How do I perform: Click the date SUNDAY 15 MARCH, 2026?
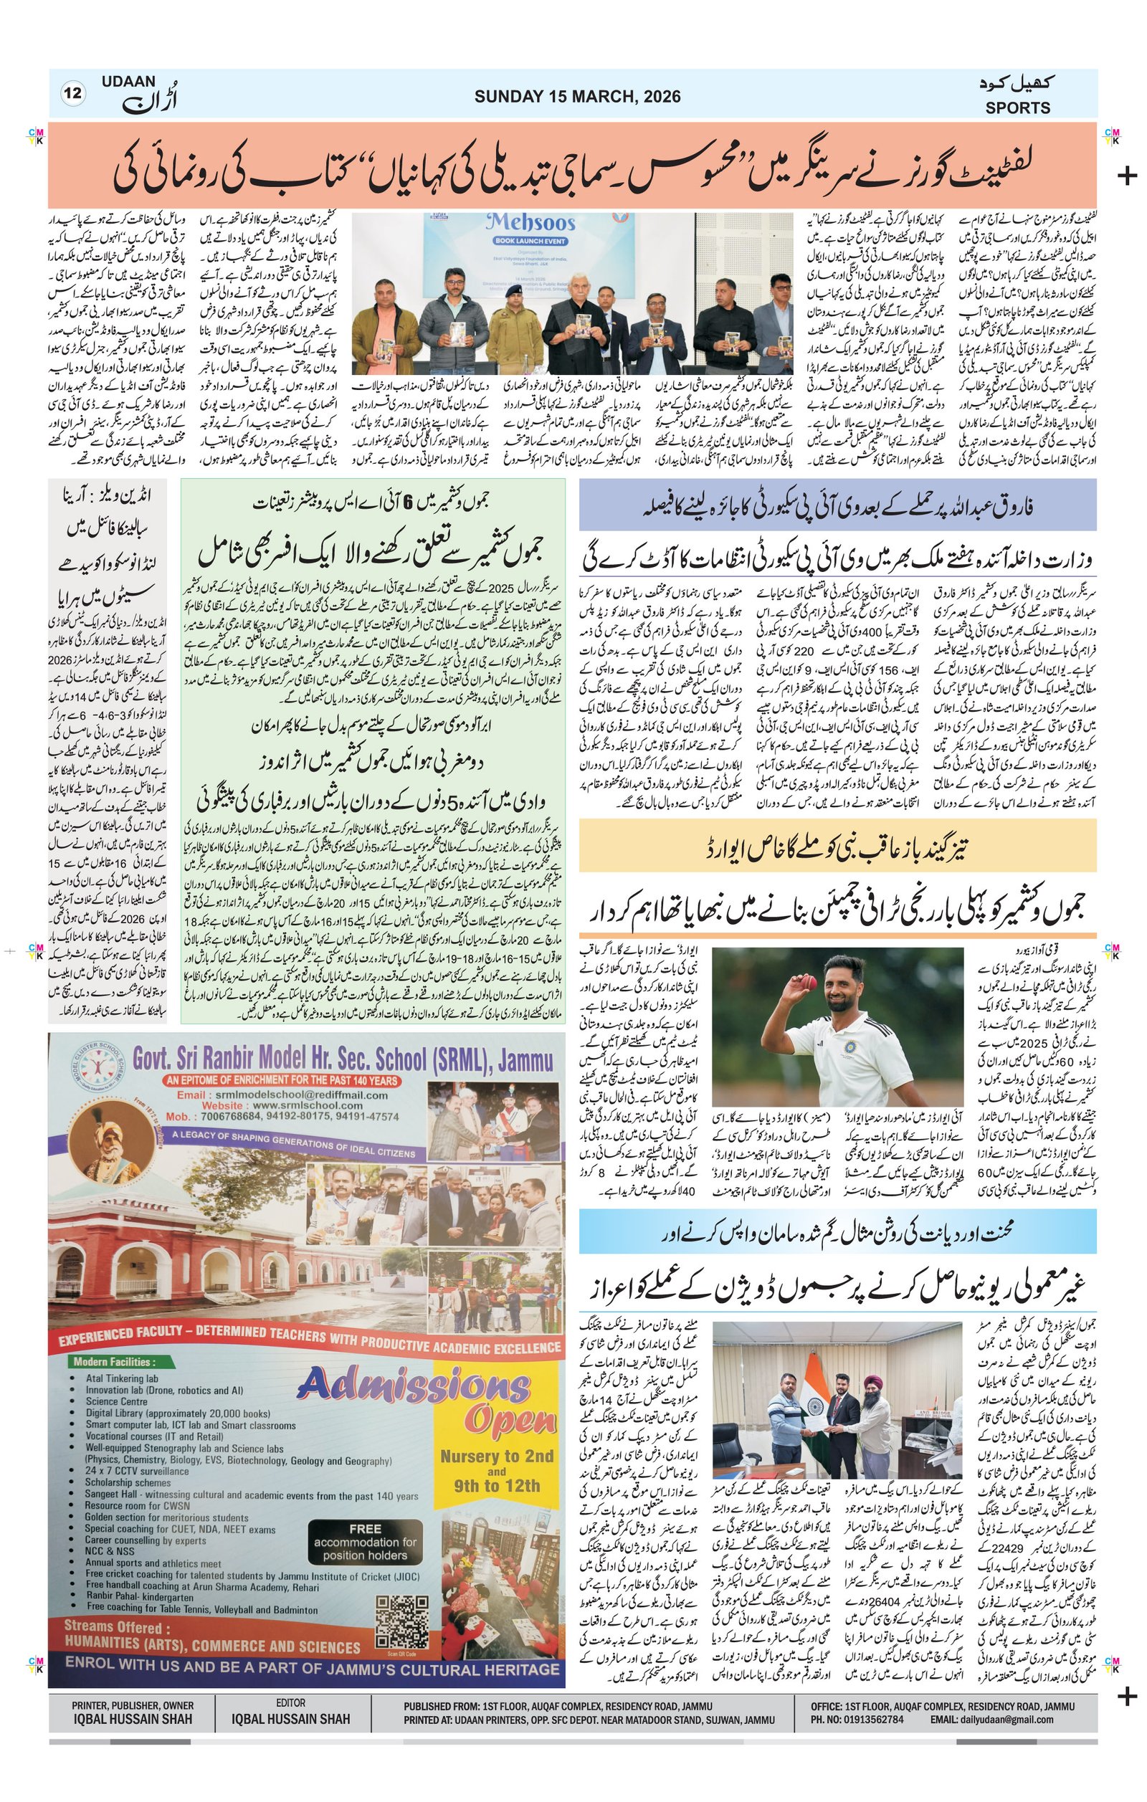click(577, 97)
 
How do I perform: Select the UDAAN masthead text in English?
click(130, 82)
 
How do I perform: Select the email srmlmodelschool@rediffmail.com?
click(313, 1095)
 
